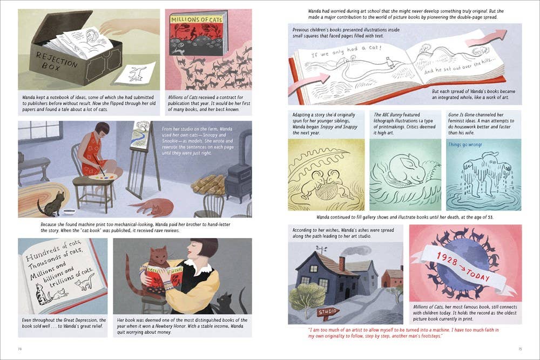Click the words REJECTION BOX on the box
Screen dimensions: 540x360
(57, 60)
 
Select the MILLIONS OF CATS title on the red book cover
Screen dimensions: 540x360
(197, 19)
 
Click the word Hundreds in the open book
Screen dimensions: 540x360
(39, 254)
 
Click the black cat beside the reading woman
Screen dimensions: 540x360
(230, 303)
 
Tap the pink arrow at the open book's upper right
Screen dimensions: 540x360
(487, 38)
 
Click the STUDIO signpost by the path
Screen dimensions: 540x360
(328, 313)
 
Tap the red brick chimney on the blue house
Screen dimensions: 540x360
(341, 263)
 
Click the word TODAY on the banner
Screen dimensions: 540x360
(479, 274)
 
